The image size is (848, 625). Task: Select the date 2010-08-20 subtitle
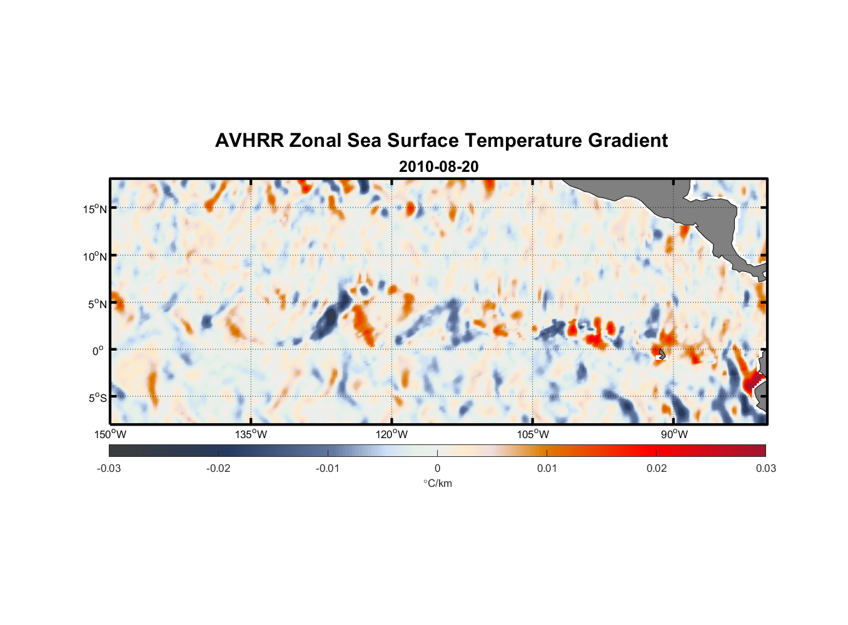(438, 167)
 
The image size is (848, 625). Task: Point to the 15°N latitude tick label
(95, 209)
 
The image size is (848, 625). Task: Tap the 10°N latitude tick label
(95, 256)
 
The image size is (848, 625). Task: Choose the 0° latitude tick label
(98, 351)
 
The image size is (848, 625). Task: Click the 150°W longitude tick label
(111, 434)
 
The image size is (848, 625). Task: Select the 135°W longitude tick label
(251, 434)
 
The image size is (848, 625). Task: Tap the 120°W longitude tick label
(392, 434)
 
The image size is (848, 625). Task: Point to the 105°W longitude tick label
(533, 434)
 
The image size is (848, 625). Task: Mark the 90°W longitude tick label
(674, 434)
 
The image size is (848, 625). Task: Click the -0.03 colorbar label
(109, 468)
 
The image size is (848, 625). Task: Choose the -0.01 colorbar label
(328, 468)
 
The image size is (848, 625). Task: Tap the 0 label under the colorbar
(437, 468)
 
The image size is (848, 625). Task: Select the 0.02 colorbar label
(657, 468)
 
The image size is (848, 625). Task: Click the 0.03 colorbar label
(765, 468)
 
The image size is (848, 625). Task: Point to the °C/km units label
(437, 483)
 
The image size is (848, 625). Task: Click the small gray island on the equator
(662, 354)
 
